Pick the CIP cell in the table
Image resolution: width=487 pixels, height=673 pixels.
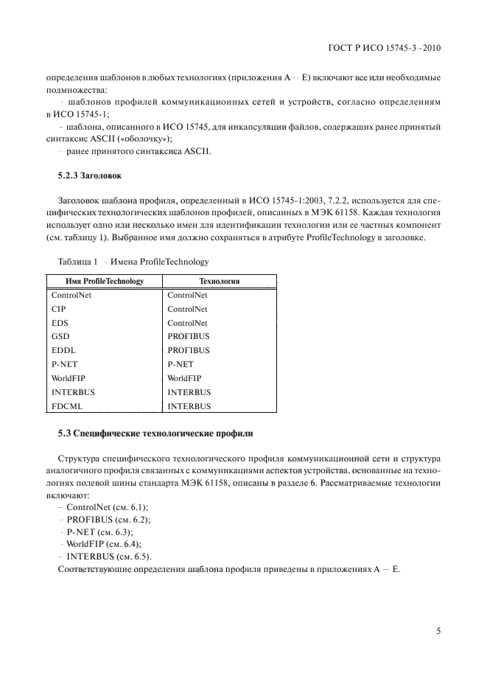point(59,309)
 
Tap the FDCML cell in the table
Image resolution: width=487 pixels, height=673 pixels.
point(68,406)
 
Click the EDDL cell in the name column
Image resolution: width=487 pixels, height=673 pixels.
point(63,350)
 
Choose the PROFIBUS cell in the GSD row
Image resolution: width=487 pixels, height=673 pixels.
point(189,336)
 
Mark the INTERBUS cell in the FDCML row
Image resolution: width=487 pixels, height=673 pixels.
point(189,406)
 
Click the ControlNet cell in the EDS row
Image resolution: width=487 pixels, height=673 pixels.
point(187,323)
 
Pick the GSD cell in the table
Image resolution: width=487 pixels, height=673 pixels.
point(60,336)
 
